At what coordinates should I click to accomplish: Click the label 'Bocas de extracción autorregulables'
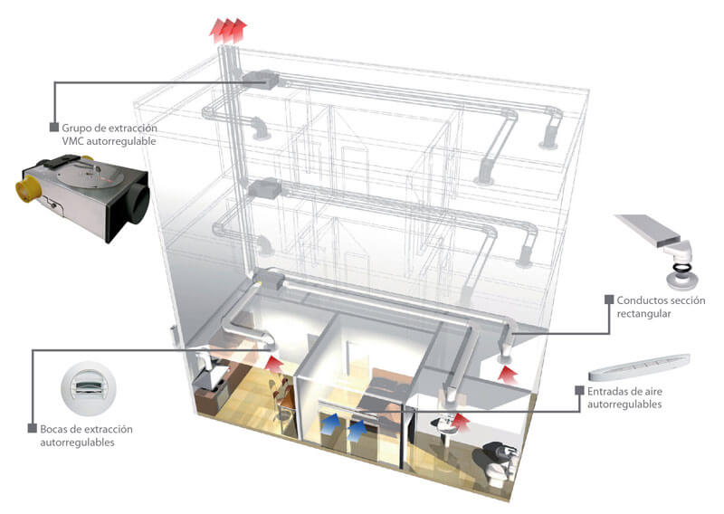tap(86, 433)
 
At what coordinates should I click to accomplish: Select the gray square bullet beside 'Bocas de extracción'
tap(32, 427)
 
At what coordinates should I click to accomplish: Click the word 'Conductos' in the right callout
tap(641, 300)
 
